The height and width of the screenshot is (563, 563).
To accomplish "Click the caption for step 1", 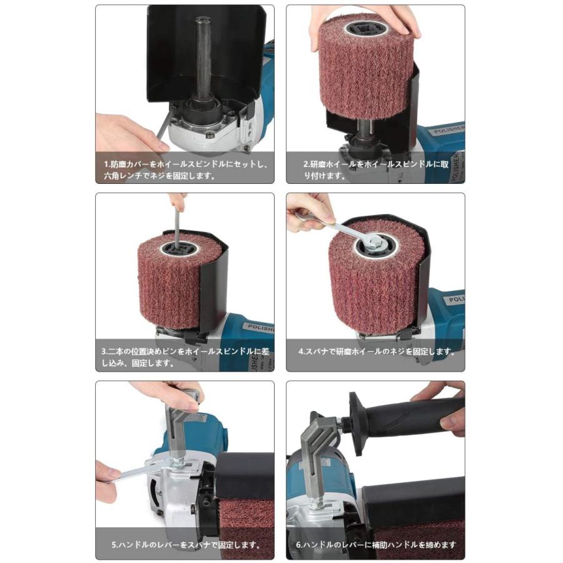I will click(185, 170).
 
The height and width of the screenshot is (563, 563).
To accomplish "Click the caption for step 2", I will click(375, 170).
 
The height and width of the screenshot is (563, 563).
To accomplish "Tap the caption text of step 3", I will click(185, 357).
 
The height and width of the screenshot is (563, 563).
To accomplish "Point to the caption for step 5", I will click(186, 545).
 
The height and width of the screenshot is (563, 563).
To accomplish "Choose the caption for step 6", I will click(376, 545).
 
